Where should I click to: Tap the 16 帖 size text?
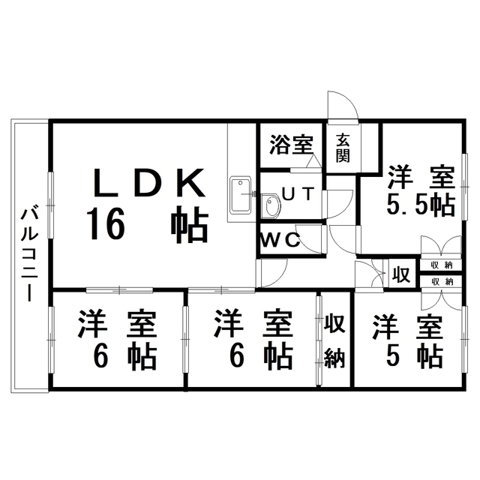click(146, 224)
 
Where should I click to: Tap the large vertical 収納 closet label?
click(334, 341)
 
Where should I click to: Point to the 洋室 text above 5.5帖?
click(421, 178)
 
